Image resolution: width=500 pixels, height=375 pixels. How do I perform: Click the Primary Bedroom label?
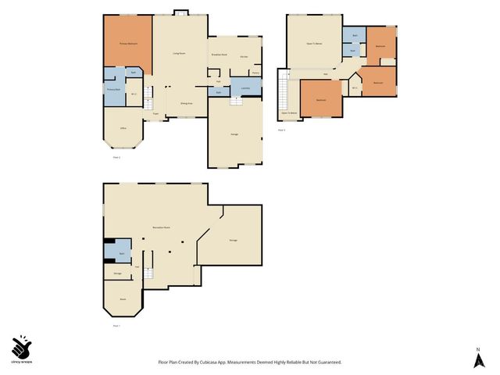coord(128,43)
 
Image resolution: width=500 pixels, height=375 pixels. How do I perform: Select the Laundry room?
coord(245,88)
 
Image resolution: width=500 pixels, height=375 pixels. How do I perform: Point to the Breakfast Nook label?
coord(219,54)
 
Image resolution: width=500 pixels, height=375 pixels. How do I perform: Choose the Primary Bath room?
coord(112,89)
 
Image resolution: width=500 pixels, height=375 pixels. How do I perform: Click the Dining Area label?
coord(187,102)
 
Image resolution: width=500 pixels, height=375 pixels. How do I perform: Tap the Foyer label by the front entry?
coord(156,114)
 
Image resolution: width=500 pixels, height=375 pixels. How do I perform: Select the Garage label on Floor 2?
coord(234,134)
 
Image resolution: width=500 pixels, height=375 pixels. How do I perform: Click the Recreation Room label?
coord(162,227)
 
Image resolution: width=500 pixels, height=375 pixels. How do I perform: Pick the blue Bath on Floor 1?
coord(121,253)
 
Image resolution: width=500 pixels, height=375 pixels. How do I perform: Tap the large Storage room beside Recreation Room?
coord(233,239)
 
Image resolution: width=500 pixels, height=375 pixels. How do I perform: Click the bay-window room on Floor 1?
coord(123,298)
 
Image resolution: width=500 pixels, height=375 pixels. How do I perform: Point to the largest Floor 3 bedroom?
coord(320,99)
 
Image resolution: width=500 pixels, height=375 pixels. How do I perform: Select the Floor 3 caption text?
coord(281,130)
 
